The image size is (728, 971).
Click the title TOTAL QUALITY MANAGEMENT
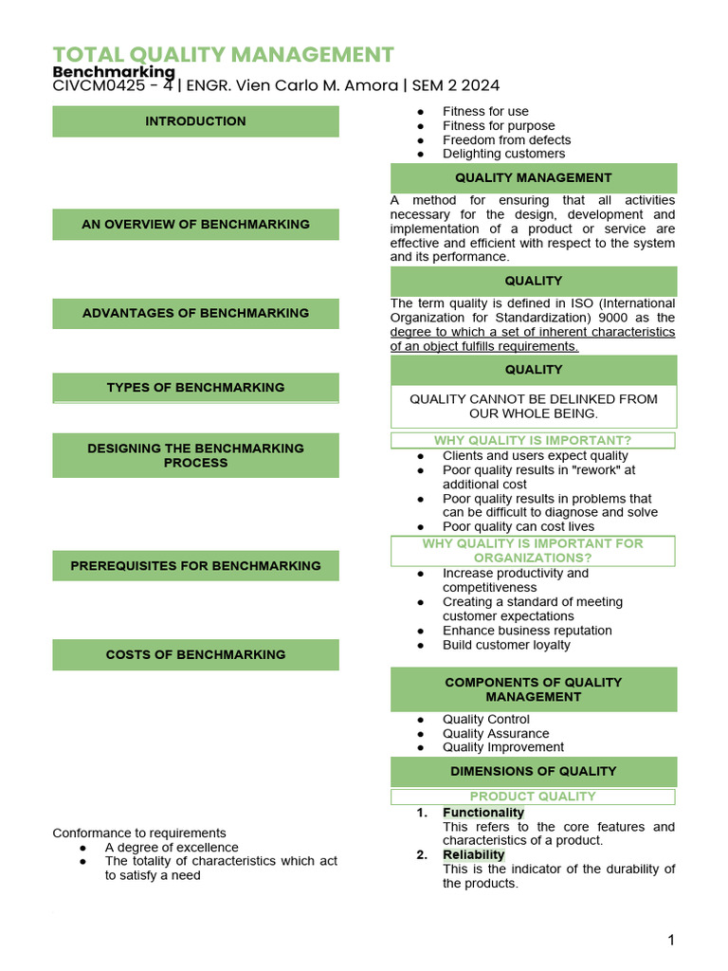pos(223,54)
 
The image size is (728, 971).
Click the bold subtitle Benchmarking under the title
pos(114,72)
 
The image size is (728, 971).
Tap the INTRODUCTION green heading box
pos(195,121)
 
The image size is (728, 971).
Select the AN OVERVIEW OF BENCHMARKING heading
pos(195,225)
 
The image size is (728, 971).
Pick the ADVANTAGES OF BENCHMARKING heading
pos(195,313)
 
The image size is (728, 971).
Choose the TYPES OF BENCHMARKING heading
pos(195,387)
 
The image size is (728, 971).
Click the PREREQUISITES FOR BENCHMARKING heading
pos(195,566)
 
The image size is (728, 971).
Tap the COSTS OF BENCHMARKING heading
pos(195,654)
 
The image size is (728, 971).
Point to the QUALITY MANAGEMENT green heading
pos(534,177)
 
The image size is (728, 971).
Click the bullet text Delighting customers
pos(503,154)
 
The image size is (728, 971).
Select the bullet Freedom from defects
pos(506,139)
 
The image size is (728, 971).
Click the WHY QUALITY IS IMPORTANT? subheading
pos(533,440)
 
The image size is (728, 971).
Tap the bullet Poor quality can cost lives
pos(519,526)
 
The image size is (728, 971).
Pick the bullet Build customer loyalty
pos(506,645)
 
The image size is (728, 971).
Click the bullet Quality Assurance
pos(496,733)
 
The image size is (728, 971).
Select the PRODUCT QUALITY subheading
pos(533,797)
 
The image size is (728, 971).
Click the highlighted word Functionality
pos(482,813)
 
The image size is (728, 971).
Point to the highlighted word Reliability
pos(473,854)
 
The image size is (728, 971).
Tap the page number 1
pos(671,940)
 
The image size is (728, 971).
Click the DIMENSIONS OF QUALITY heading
pos(534,771)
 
